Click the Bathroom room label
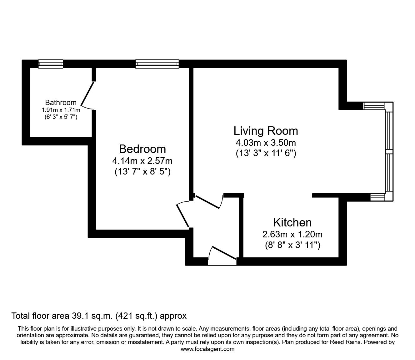click(x=61, y=102)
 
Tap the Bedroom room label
click(x=142, y=149)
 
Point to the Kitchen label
click(x=292, y=222)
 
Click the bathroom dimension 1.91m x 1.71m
click(x=61, y=110)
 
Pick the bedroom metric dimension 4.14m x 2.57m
click(x=142, y=161)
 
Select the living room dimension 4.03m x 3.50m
click(x=266, y=143)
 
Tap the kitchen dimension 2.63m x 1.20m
click(x=292, y=234)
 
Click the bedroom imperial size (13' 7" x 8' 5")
click(x=142, y=172)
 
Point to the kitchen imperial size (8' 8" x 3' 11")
click(x=292, y=245)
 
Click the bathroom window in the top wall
click(x=51, y=64)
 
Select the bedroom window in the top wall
click(x=157, y=64)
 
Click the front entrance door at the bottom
click(x=222, y=253)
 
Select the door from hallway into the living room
click(x=208, y=202)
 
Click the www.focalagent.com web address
click(x=207, y=349)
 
